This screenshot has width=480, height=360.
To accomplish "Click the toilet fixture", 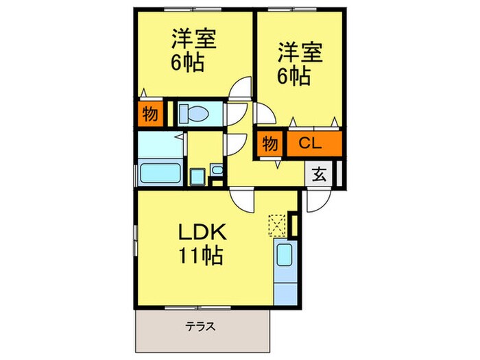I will pos(197,113).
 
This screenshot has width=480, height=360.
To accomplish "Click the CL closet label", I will pos(310,144).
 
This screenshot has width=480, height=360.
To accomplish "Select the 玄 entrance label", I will pos(320,173).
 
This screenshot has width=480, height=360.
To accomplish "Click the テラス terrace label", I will pos(202,327).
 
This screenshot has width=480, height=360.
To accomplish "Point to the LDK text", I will pos(200,232).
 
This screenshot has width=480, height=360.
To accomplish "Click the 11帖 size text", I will pos(200,256).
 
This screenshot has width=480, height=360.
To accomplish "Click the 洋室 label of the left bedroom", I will pos(193,38).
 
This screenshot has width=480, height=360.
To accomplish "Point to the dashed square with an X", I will pos(277,224).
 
